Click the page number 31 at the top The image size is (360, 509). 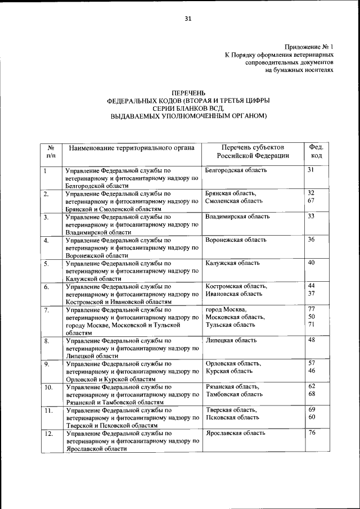pyautogui.click(x=188, y=19)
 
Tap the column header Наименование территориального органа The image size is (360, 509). pyautogui.click(x=132, y=148)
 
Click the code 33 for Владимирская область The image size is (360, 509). pyautogui.click(x=311, y=216)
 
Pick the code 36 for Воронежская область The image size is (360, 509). pyautogui.click(x=311, y=240)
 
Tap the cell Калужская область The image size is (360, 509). pyautogui.click(x=233, y=263)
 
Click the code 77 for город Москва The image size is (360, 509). pyautogui.click(x=311, y=309)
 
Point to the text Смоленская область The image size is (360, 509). pyautogui.click(x=234, y=201)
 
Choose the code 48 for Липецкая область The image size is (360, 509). pyautogui.click(x=311, y=340)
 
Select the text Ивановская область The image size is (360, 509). pyautogui.click(x=234, y=294)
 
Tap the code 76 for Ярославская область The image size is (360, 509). pyautogui.click(x=311, y=433)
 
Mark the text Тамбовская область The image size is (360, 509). pyautogui.click(x=234, y=395)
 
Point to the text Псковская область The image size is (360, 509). pyautogui.click(x=232, y=417)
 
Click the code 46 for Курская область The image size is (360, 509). pyautogui.click(x=311, y=371)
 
